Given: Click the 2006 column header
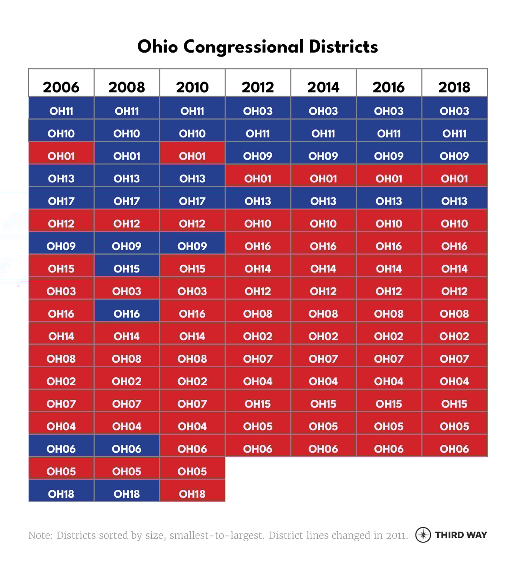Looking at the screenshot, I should pyautogui.click(x=61, y=87).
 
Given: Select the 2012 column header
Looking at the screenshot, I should pyautogui.click(x=258, y=87).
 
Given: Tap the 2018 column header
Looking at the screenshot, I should pyautogui.click(x=454, y=87).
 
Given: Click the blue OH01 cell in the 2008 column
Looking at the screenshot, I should pyautogui.click(x=127, y=156).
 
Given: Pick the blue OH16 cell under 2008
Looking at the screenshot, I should pyautogui.click(x=127, y=314).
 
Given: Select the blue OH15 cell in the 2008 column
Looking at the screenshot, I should pyautogui.click(x=127, y=269).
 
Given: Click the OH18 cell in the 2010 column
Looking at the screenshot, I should pyautogui.click(x=192, y=494).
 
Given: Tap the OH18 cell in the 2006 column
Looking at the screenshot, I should pyautogui.click(x=61, y=494).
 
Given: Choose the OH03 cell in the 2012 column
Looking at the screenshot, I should pyautogui.click(x=258, y=111).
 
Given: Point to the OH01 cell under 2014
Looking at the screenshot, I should pyautogui.click(x=323, y=179).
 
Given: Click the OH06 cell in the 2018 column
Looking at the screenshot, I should pyautogui.click(x=454, y=449).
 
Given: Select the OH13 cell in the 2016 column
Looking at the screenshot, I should pyautogui.click(x=389, y=201).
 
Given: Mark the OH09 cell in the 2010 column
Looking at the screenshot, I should pyautogui.click(x=192, y=246).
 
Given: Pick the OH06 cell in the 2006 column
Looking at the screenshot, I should pyautogui.click(x=61, y=449).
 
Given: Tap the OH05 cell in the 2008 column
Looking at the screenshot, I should pyautogui.click(x=127, y=471).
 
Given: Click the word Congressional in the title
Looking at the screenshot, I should pyautogui.click(x=243, y=47).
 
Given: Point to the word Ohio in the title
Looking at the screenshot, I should pyautogui.click(x=158, y=46).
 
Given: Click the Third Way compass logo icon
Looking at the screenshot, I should pyautogui.click(x=423, y=535).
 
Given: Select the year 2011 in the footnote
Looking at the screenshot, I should pyautogui.click(x=396, y=535).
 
